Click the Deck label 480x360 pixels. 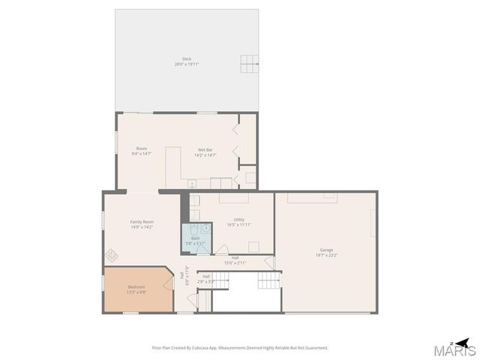point(186,59)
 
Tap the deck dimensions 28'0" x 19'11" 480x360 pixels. point(186,64)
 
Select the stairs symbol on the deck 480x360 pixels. point(250,64)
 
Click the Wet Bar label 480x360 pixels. point(205,149)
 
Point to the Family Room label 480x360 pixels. point(142,221)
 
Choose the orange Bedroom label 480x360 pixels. point(136,286)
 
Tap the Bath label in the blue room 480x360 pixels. point(195,238)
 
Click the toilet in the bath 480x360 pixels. point(193,228)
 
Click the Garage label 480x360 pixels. point(326,250)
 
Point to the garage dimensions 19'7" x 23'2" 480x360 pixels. point(326,255)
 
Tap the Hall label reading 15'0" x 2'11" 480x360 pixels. point(235,258)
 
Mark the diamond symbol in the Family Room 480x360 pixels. point(111,254)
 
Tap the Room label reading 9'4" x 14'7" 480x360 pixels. point(142,149)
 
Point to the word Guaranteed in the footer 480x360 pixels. point(314,347)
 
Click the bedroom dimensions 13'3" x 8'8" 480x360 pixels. point(136,292)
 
